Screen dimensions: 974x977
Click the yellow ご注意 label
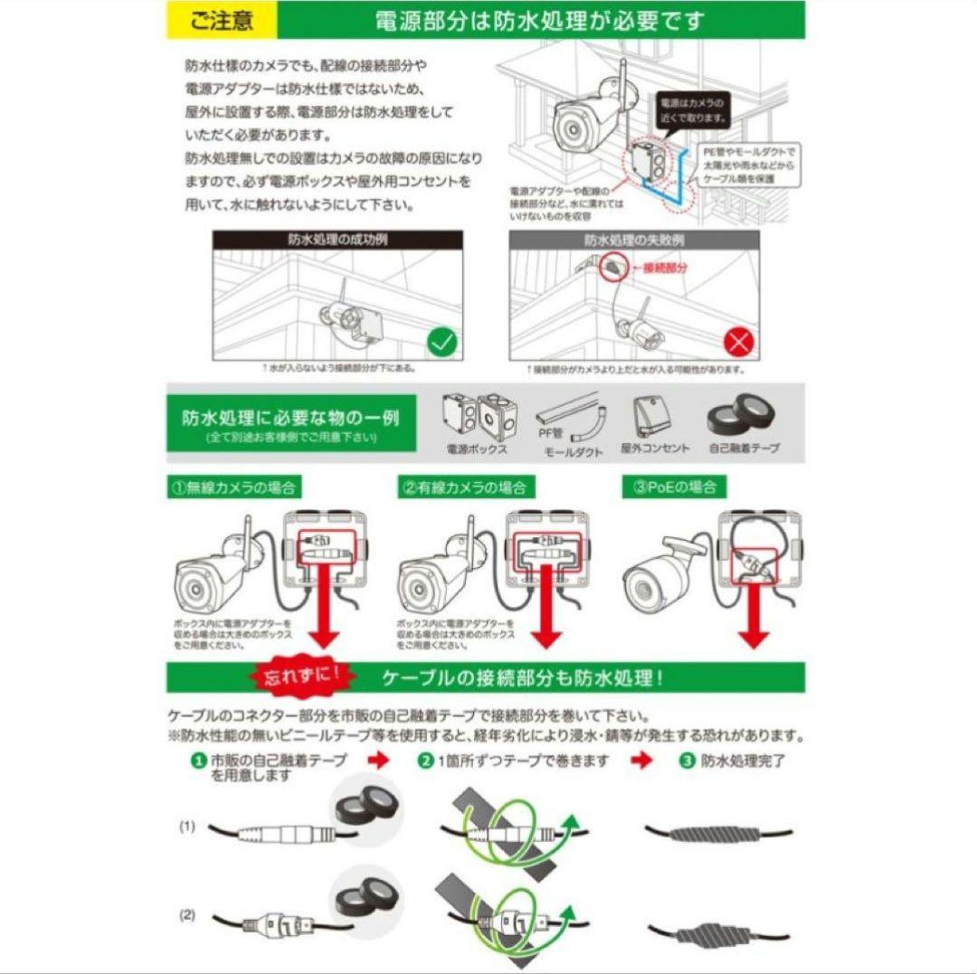coord(221,20)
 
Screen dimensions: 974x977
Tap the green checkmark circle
coord(442,343)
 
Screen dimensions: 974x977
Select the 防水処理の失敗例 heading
coord(633,241)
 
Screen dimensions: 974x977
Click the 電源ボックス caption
coord(477,449)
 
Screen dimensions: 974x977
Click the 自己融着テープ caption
coord(744,449)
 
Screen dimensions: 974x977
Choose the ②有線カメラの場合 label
coord(463,487)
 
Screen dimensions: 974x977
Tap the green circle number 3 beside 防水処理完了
coord(686,761)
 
